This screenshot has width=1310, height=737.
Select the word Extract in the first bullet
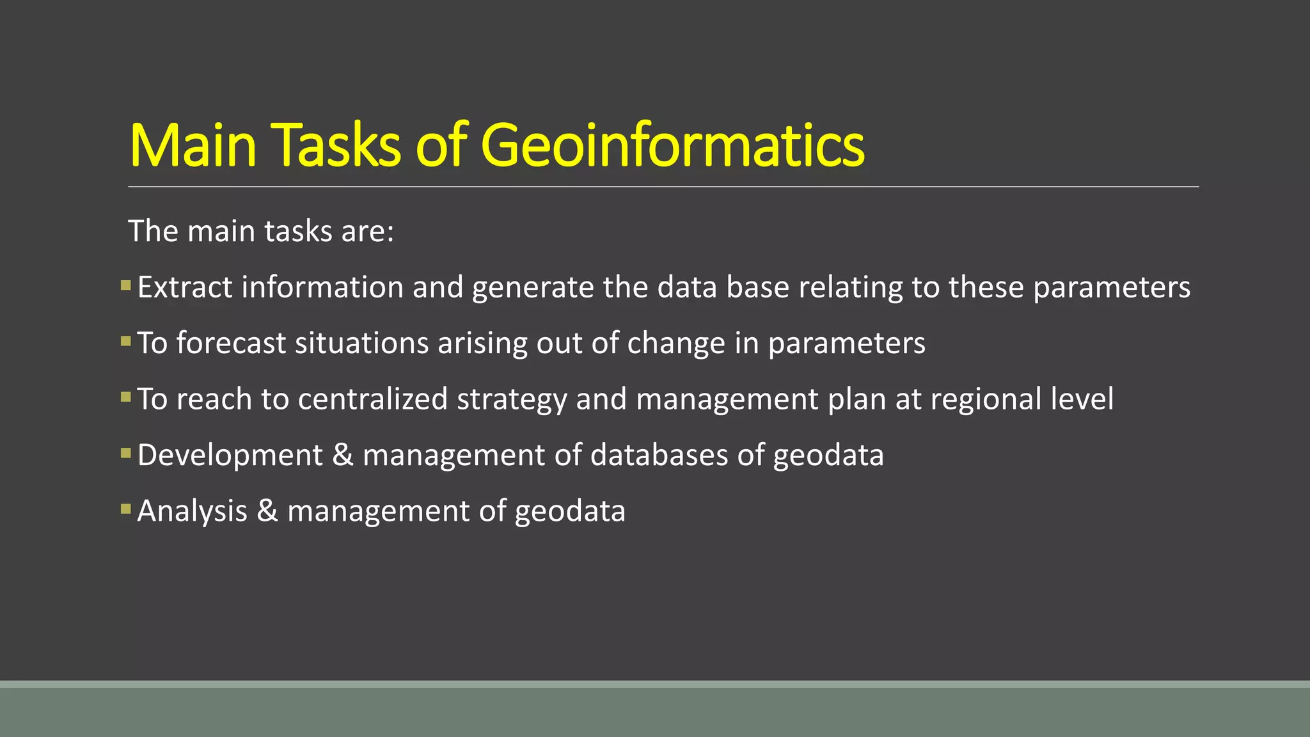tap(185, 287)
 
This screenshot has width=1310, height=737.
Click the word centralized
tap(372, 399)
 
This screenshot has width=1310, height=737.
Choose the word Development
tap(230, 456)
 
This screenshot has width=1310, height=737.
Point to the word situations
tap(361, 344)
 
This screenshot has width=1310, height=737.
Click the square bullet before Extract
tap(125, 285)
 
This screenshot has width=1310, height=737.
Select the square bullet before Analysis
tap(125, 509)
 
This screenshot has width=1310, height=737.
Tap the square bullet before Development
tap(125, 454)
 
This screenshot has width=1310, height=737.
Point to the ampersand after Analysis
tap(267, 511)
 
